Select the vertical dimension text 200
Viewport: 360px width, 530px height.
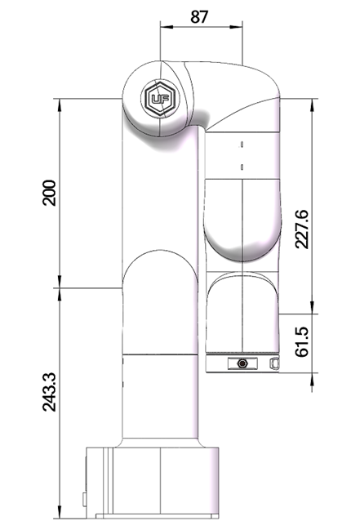(x=50, y=192)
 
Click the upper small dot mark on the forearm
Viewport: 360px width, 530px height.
(x=242, y=145)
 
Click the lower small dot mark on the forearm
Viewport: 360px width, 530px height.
(x=242, y=167)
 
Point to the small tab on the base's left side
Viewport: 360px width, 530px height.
(x=83, y=497)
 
